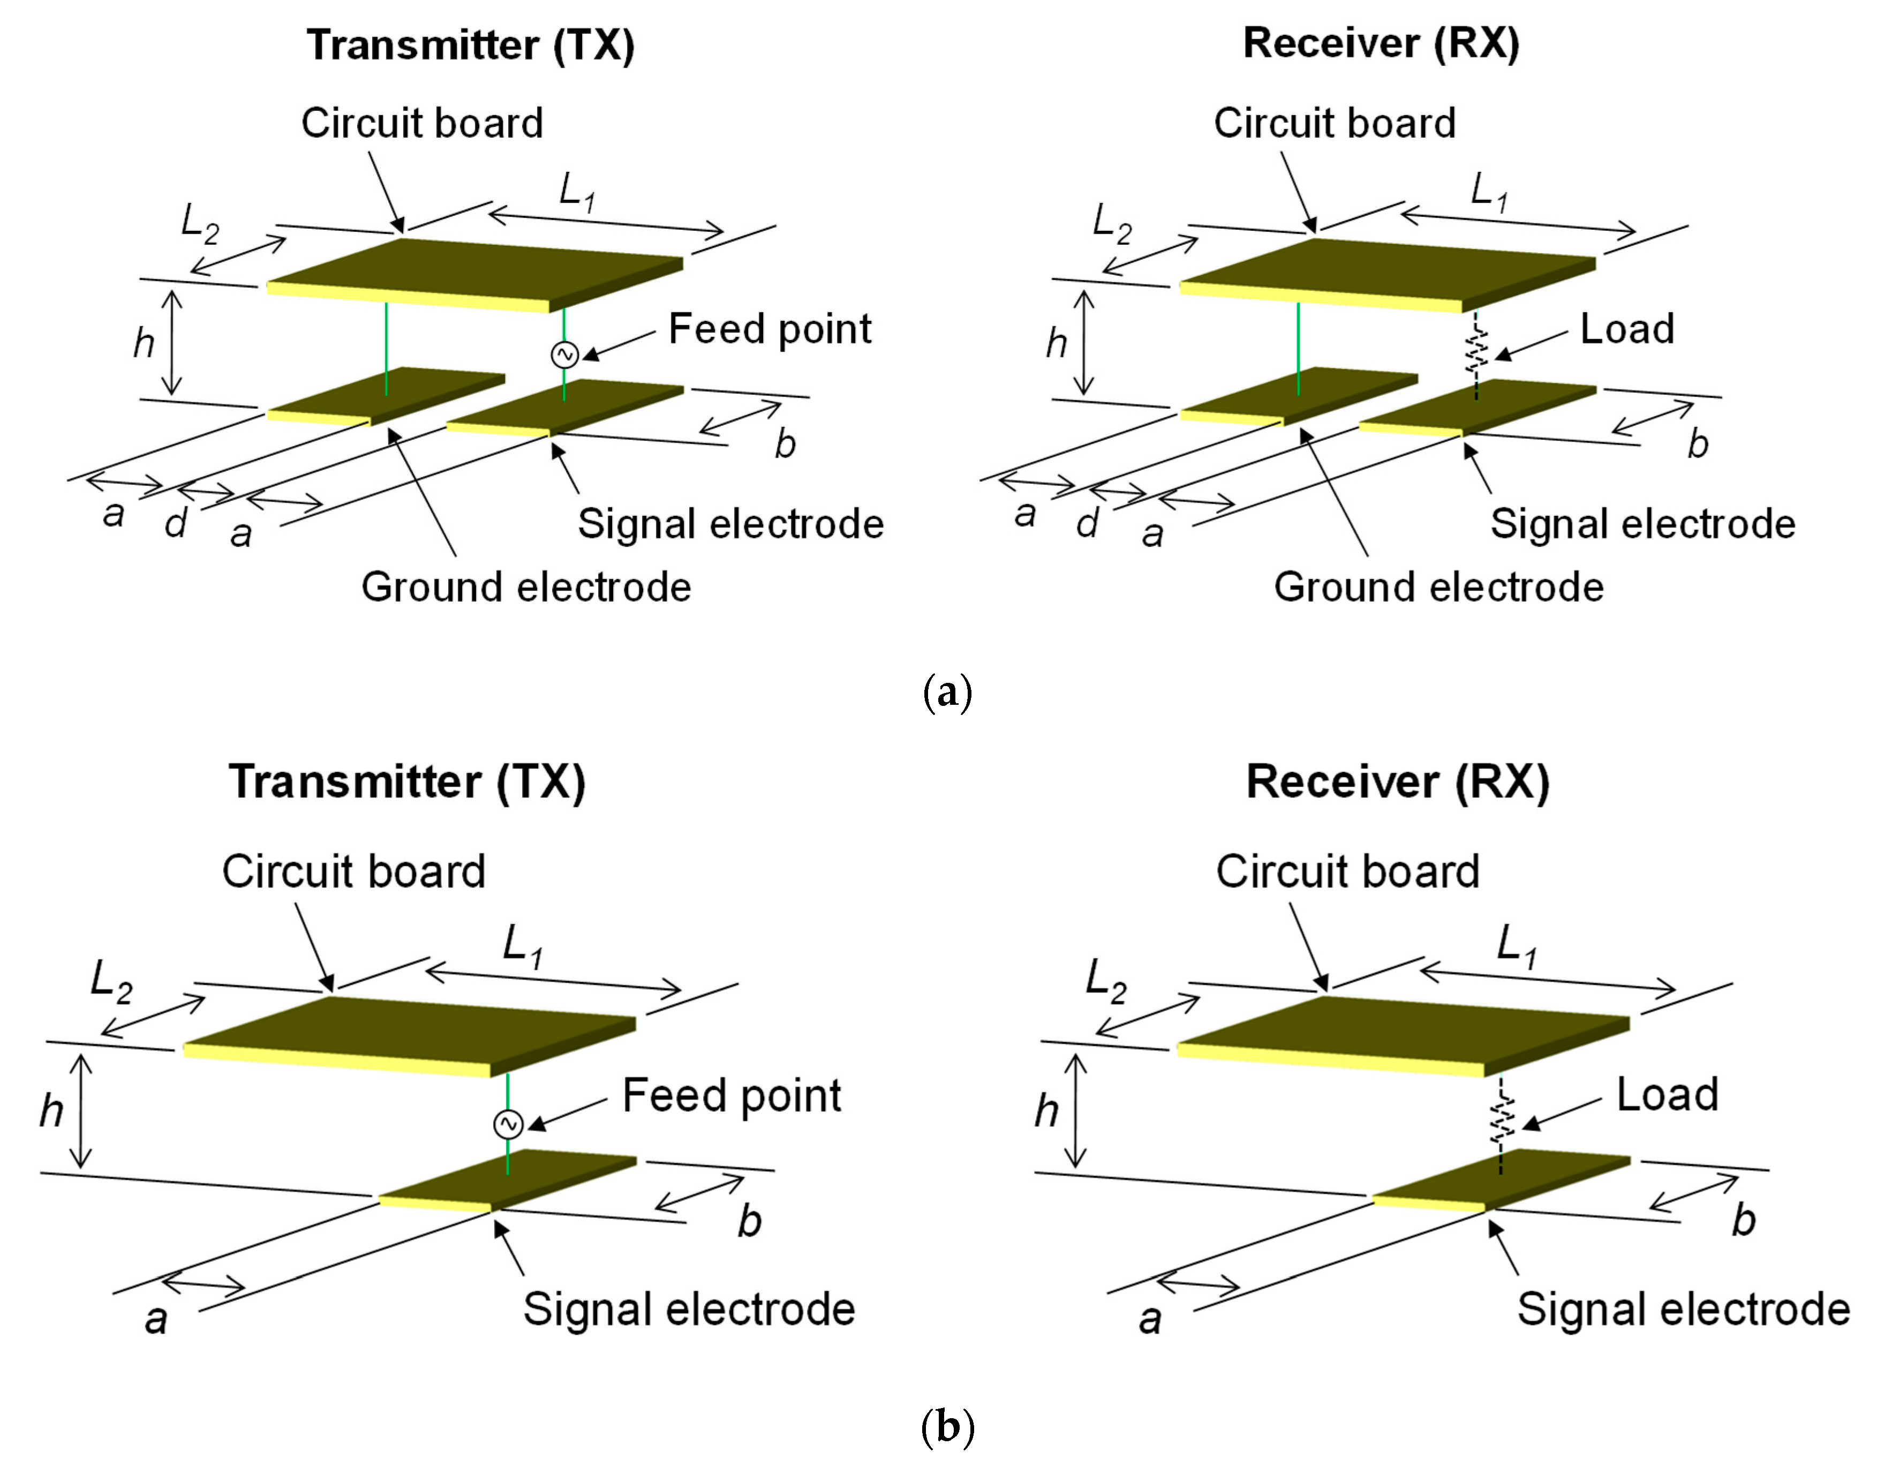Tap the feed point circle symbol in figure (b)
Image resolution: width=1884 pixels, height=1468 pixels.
[508, 1124]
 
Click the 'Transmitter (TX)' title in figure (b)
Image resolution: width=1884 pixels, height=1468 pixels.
[407, 782]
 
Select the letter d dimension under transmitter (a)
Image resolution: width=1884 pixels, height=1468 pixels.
[177, 523]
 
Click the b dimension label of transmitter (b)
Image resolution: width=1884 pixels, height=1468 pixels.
[750, 1221]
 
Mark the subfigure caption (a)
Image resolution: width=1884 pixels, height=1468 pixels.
[947, 692]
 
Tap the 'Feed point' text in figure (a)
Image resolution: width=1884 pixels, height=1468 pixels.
[770, 329]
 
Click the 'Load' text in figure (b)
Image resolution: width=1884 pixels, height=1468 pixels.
[1667, 1095]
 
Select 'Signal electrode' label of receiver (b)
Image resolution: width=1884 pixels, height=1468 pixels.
[1683, 1309]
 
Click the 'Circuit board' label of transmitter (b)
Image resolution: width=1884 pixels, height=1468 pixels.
[353, 871]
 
